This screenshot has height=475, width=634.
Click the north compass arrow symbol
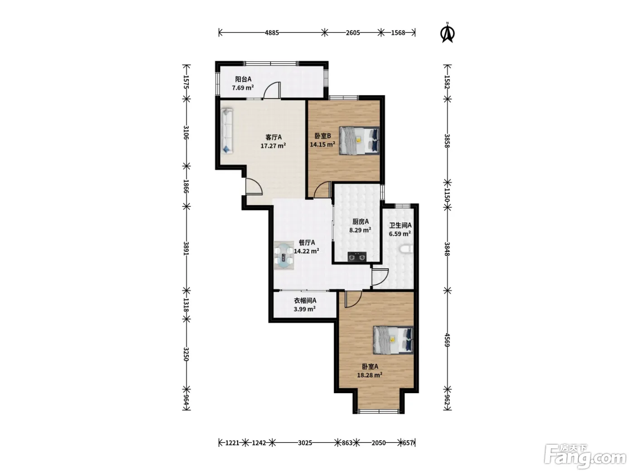point(447,33)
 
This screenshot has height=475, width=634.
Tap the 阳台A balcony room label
point(243,79)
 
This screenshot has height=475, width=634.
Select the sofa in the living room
point(227,131)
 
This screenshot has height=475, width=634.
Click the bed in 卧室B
point(359,141)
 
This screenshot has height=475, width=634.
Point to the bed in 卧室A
point(393,340)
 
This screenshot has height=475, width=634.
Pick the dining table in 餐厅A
point(283,256)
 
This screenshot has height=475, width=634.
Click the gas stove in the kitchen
point(357,256)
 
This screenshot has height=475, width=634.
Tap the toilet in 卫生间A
point(406,250)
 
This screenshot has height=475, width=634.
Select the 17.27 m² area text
point(273,146)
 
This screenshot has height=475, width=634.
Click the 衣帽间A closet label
point(305,300)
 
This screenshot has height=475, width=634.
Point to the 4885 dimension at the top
point(272,33)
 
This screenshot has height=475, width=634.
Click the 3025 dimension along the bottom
point(305,443)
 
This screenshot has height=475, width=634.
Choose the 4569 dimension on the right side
point(447,340)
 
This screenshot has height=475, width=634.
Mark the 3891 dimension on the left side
point(186,248)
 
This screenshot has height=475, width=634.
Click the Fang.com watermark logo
point(585,457)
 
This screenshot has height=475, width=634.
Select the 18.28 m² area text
point(370,375)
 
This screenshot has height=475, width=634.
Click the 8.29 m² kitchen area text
point(360,230)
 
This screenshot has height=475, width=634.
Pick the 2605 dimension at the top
point(353,33)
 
